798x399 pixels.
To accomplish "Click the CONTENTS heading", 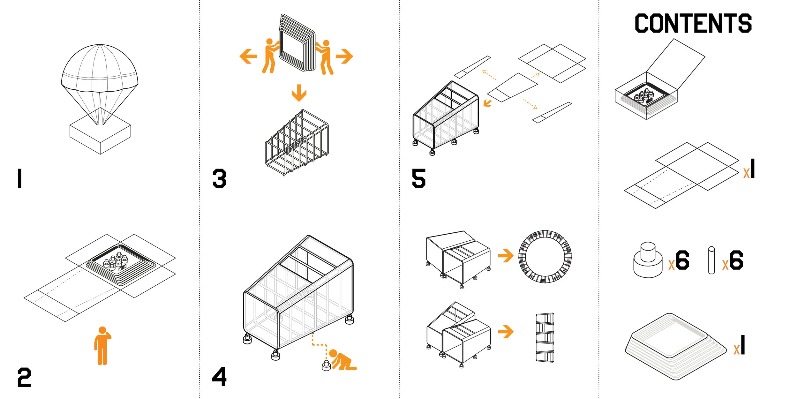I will [693, 23].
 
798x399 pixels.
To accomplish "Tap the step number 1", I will [20, 178].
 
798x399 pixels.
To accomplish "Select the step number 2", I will [24, 377].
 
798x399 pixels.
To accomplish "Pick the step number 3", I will [219, 178].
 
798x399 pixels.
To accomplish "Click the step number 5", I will [418, 178].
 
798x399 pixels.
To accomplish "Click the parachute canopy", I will [100, 69].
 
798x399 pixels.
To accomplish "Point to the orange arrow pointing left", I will [248, 56].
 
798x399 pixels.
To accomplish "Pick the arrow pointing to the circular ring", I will [506, 255].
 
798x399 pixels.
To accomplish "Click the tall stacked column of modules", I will [545, 337].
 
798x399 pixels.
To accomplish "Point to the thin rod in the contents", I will [711, 260].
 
